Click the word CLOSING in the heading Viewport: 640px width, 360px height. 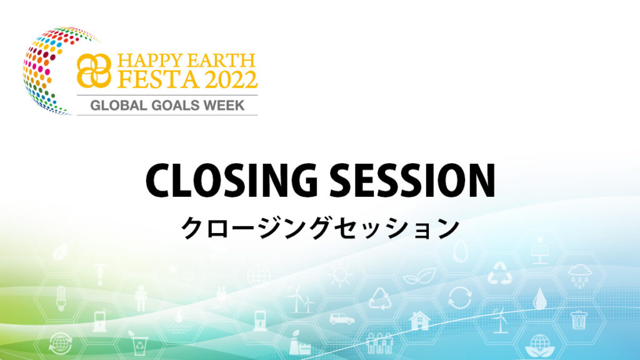(x=231, y=181)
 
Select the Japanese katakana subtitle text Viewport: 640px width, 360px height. (x=320, y=227)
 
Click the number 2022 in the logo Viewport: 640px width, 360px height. (x=231, y=79)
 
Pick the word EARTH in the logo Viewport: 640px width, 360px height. (x=221, y=61)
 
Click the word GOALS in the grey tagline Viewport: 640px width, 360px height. (x=176, y=105)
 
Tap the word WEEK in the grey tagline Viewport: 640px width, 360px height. (x=224, y=105)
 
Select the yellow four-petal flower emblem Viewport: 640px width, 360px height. (x=94, y=71)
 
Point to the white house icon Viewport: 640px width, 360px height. (x=419, y=321)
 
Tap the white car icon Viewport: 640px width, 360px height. (x=342, y=318)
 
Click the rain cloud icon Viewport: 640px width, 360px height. (x=579, y=276)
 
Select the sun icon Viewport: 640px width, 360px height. (x=340, y=275)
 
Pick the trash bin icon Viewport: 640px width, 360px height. (x=579, y=319)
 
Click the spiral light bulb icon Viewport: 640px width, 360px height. (x=61, y=298)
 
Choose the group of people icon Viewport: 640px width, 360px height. (x=379, y=343)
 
